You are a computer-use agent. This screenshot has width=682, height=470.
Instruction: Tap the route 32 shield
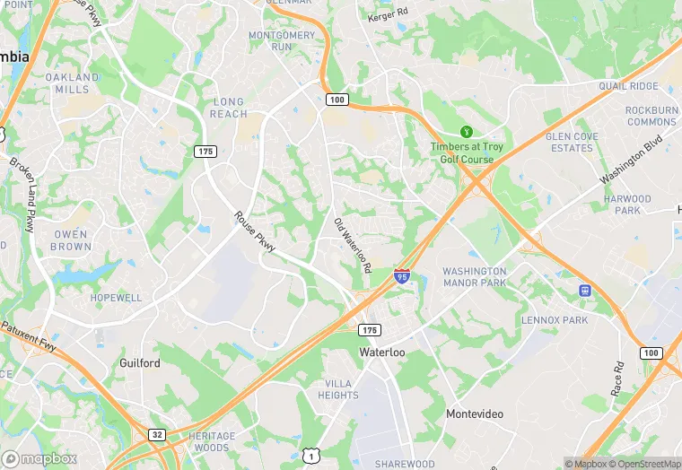coord(157,435)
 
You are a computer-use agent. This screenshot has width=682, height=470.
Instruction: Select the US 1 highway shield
coord(310,457)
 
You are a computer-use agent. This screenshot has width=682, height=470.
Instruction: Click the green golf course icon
coord(466,132)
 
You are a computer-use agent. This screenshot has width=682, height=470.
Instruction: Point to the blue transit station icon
coord(585,291)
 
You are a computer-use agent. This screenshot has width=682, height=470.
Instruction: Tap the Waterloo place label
coord(382,352)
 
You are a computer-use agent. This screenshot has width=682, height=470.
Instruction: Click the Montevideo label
coord(475,413)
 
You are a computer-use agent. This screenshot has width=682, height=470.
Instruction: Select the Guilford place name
coord(140,363)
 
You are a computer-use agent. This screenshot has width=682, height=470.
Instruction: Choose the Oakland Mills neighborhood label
coord(72,83)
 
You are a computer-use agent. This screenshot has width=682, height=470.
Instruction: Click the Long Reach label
coord(229,109)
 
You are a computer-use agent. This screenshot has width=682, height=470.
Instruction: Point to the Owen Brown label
coord(70,240)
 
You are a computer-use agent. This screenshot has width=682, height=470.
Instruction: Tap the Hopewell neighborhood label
coord(116,297)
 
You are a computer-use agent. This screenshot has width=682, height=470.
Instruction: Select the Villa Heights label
coord(338,389)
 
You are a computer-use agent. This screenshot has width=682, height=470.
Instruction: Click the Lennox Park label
coord(555,320)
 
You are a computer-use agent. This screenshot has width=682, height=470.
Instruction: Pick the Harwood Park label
coord(627,205)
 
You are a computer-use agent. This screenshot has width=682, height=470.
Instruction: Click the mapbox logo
coord(39,458)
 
